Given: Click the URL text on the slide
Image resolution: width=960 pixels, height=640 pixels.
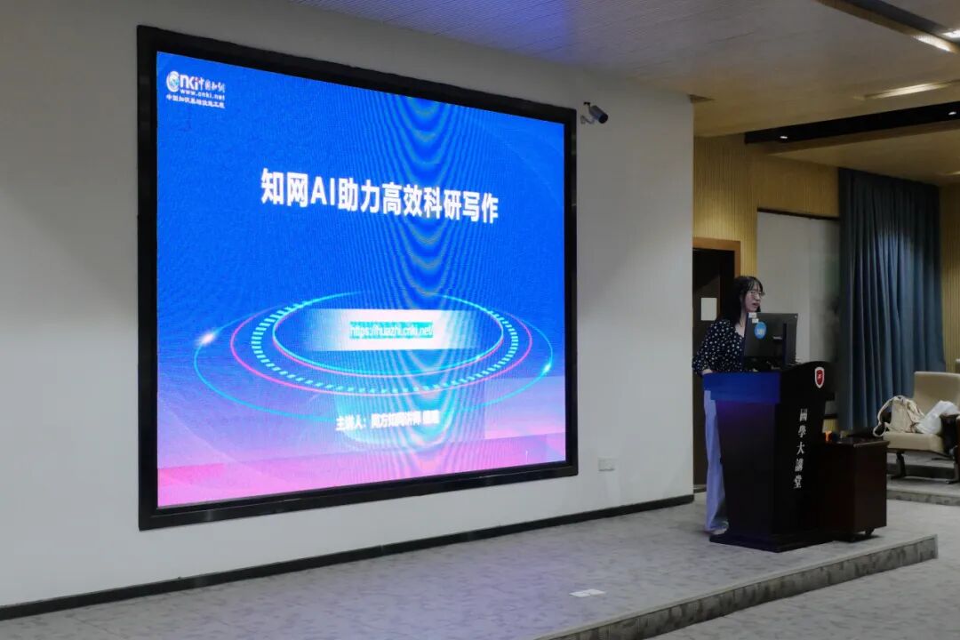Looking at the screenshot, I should point(391,331).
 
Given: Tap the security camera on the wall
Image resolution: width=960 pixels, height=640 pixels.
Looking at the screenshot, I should point(595,113).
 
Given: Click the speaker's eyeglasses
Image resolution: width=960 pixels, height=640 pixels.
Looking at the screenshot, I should point(755,293).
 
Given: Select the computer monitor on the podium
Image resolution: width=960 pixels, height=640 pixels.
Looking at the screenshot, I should point(770,338).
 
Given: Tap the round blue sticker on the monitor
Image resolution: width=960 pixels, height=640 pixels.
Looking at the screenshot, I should point(761,329).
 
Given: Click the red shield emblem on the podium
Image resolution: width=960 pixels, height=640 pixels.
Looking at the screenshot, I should point(820,377).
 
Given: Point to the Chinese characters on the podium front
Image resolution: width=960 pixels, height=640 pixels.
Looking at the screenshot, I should point(801,449).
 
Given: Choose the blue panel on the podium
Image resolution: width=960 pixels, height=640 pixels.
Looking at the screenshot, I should point(741,388).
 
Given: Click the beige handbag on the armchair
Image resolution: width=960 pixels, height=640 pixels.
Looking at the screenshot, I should point(900,415).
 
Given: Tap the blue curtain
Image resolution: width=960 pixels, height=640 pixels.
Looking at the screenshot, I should point(889,293).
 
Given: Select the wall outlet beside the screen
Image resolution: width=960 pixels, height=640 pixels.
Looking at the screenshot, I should point(606,463).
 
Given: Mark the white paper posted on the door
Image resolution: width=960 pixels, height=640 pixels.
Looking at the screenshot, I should point(708,308).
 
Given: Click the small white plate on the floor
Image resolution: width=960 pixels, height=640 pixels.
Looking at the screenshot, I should point(587,593).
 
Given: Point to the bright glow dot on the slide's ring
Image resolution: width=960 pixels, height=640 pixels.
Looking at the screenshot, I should point(207,338).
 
